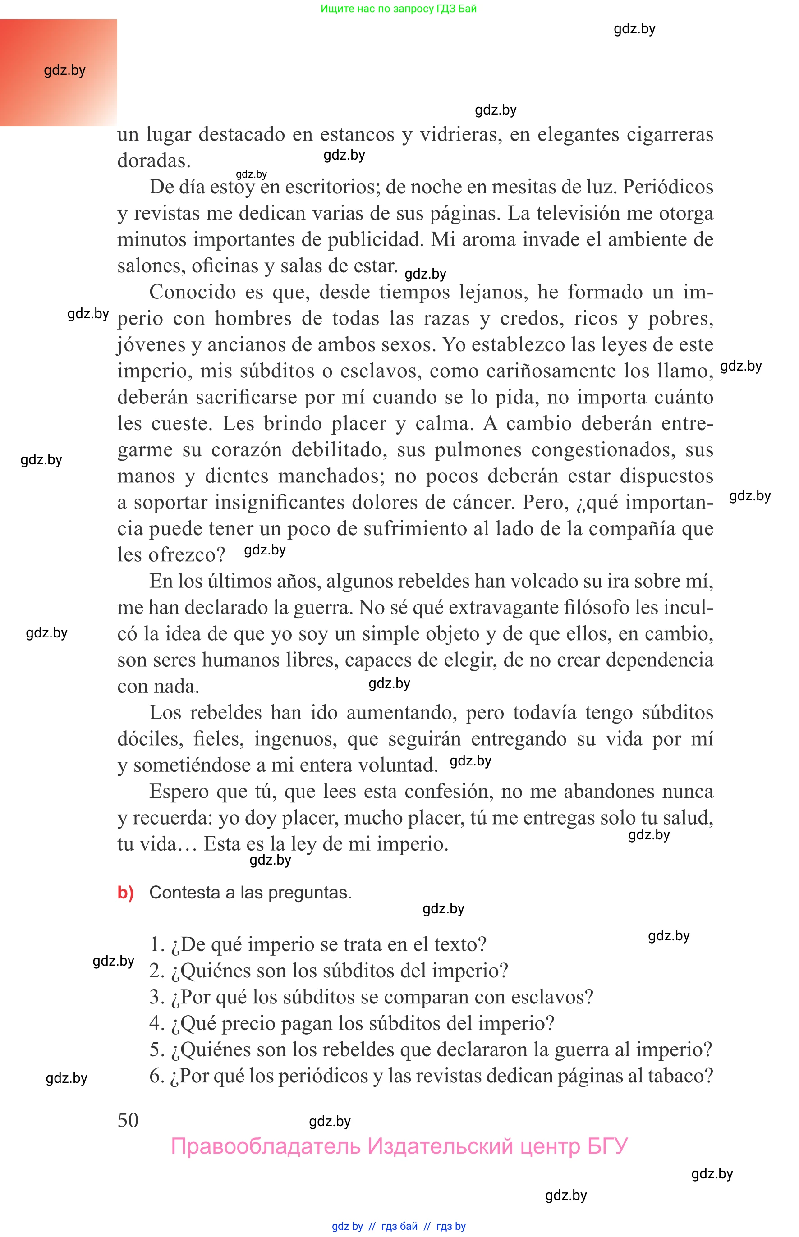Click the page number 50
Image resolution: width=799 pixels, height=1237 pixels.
point(128,1120)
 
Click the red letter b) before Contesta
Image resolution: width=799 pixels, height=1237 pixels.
point(125,892)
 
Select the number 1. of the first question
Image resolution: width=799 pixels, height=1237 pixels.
point(156,944)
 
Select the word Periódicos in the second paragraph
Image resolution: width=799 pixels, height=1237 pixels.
point(668,187)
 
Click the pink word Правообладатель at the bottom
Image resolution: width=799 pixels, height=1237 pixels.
point(266,1146)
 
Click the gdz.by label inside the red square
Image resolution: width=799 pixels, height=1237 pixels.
point(64,70)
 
